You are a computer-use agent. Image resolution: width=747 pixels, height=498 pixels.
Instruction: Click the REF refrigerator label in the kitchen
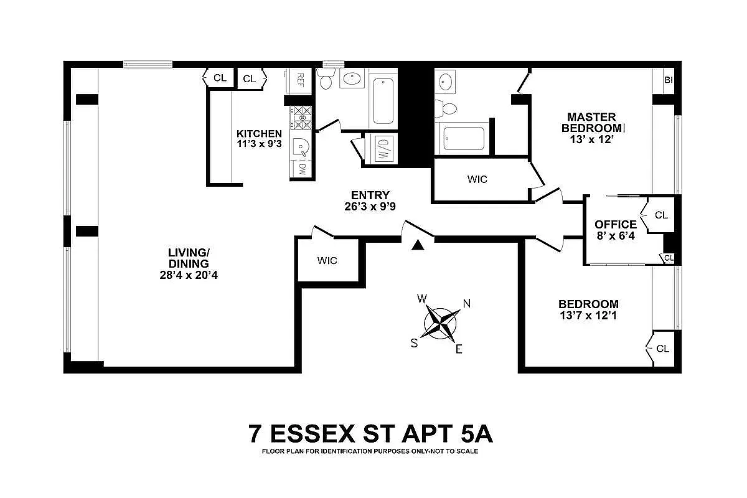[300, 79]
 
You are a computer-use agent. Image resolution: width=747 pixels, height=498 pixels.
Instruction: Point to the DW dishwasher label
[302, 168]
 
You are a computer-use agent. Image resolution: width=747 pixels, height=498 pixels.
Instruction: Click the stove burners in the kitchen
[302, 115]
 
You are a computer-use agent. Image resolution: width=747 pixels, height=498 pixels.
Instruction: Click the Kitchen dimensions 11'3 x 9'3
[259, 144]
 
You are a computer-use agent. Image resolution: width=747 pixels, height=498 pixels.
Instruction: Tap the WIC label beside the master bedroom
[477, 179]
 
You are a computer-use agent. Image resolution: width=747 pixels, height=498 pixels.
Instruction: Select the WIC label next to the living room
[327, 260]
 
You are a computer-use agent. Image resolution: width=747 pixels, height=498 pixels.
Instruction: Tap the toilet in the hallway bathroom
[326, 79]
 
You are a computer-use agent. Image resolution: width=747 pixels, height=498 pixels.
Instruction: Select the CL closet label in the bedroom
[662, 349]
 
